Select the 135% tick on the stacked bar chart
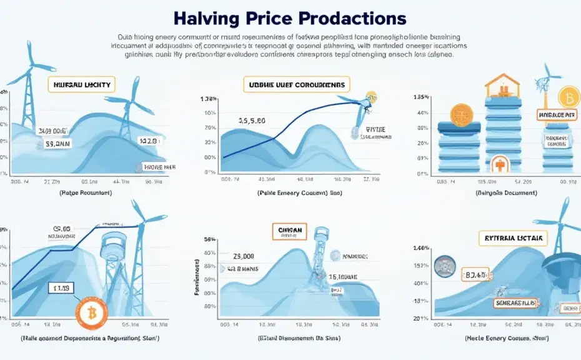point(420,97)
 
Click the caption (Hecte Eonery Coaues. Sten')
point(499,337)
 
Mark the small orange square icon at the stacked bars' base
point(499,165)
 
